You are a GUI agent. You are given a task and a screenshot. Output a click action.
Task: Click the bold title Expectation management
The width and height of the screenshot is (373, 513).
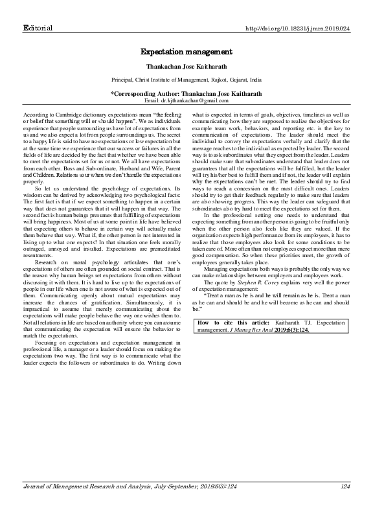point(186,51)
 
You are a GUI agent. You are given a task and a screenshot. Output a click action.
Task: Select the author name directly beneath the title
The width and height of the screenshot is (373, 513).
point(186,66)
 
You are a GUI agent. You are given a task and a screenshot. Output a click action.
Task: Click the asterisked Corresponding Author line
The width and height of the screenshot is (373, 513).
point(186,94)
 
